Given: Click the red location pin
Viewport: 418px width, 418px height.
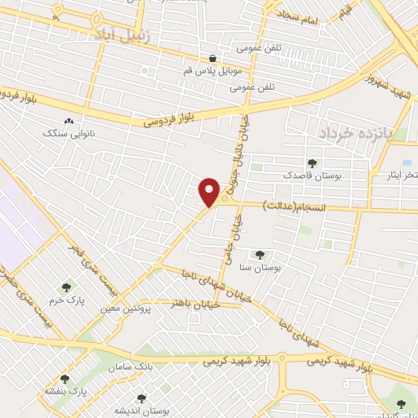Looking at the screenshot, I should tap(210, 192).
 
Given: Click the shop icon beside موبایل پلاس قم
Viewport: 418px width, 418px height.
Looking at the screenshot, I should tap(213, 58).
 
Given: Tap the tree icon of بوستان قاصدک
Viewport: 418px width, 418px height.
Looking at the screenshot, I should tap(311, 163).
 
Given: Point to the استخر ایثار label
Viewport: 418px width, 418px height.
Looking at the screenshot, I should tap(401, 176).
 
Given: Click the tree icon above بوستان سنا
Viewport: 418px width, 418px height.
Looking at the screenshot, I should tap(260, 255).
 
